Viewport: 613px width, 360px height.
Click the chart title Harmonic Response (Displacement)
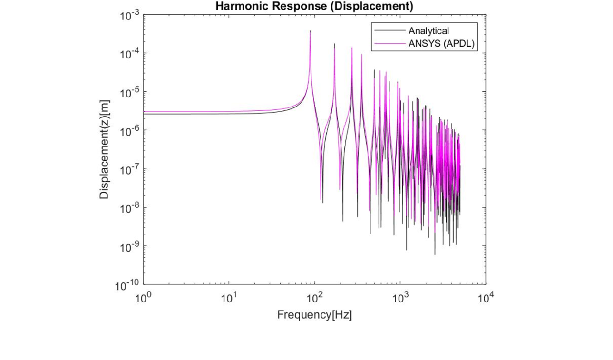[x=314, y=6]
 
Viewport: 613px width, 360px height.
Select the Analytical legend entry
[x=428, y=31]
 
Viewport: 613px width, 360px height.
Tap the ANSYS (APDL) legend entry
[x=442, y=44]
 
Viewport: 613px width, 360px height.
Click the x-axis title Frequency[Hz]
[x=315, y=315]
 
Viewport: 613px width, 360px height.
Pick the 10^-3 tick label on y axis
[x=129, y=15]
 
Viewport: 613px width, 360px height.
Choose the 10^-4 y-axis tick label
[x=129, y=53]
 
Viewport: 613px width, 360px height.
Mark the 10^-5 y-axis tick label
[x=129, y=92]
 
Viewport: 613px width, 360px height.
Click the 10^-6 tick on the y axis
[x=129, y=130]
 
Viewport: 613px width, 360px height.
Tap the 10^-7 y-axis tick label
[x=129, y=169]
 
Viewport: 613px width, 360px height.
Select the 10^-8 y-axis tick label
[x=129, y=207]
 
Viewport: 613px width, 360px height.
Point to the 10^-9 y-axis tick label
[x=129, y=246]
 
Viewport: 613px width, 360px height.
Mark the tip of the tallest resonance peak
[x=310, y=31]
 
